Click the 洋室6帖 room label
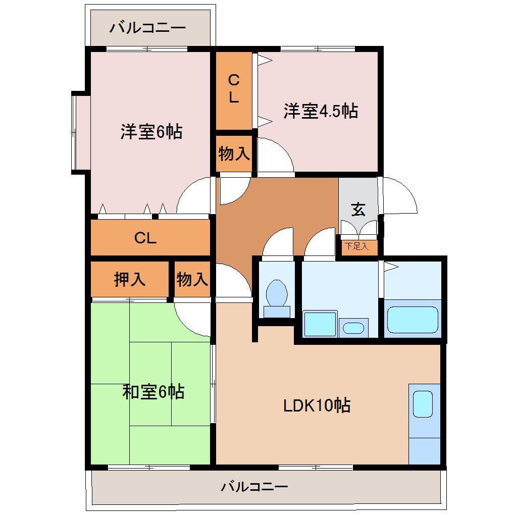click(x=151, y=132)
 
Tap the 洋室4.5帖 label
click(x=321, y=111)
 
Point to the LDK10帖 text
click(x=317, y=405)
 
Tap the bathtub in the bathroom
click(x=412, y=319)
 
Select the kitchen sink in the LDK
click(x=423, y=404)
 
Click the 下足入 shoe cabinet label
click(x=357, y=247)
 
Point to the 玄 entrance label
click(x=358, y=209)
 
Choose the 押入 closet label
click(x=129, y=279)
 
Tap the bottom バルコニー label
click(x=254, y=487)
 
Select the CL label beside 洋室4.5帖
click(x=233, y=89)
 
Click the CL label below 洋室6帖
click(x=145, y=238)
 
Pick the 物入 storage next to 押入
click(x=192, y=279)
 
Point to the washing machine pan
click(x=320, y=324)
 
